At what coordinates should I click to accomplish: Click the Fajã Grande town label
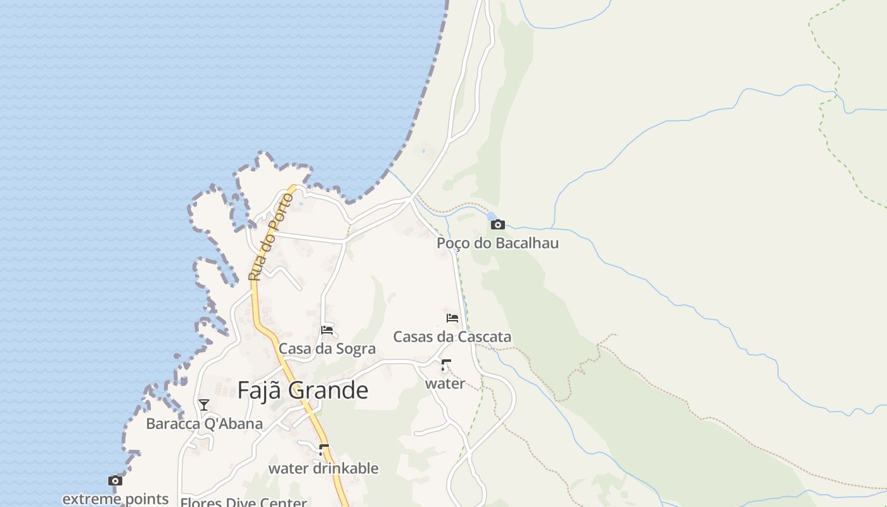[302, 390]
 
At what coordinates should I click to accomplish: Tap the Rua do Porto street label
[271, 238]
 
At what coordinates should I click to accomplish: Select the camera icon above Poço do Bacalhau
[497, 224]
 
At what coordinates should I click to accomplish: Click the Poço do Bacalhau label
[497, 243]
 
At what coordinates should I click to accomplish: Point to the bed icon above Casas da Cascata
[452, 318]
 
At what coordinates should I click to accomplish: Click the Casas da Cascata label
[452, 337]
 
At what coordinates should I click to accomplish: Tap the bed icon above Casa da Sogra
[327, 330]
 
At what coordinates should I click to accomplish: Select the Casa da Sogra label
[327, 349]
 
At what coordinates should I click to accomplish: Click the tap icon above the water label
[445, 365]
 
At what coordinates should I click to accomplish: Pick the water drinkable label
[323, 468]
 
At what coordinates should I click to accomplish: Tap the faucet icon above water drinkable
[324, 450]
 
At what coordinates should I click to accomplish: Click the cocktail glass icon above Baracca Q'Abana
[204, 405]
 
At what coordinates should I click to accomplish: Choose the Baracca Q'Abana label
[204, 423]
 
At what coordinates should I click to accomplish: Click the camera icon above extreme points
[115, 481]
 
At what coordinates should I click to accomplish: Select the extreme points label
[115, 499]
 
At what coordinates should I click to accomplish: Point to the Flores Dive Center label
[243, 503]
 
